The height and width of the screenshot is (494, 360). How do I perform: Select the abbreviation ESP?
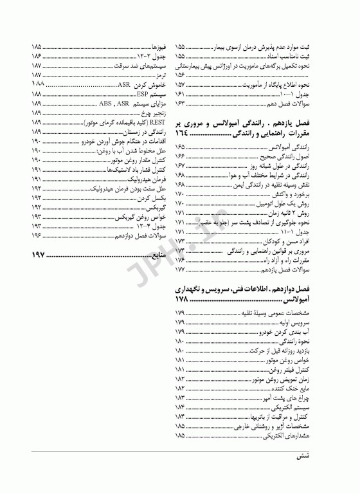(143, 94)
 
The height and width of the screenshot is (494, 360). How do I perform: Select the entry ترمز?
(161, 75)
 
